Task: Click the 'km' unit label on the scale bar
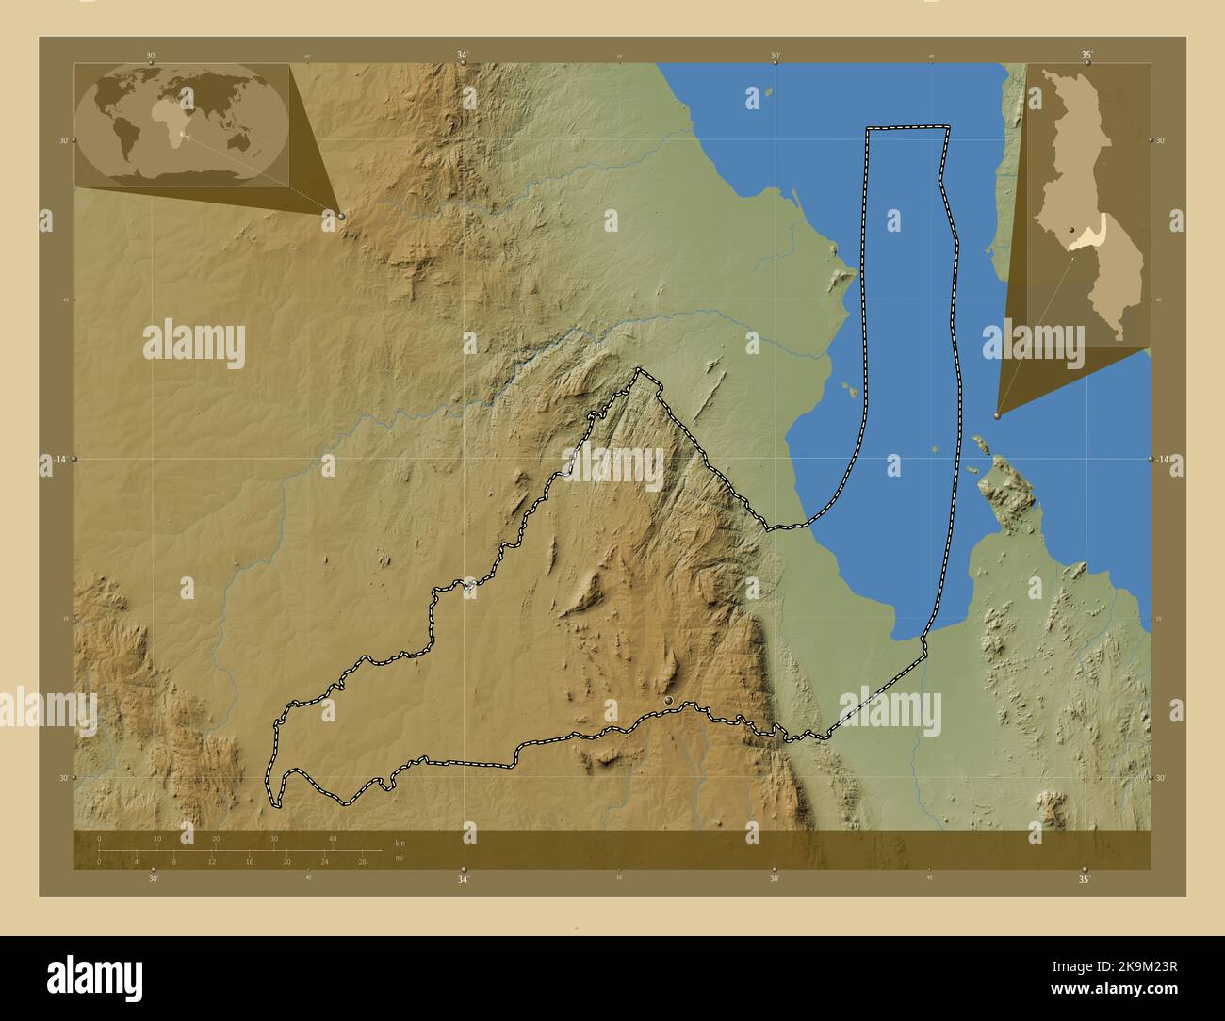pyautogui.click(x=400, y=842)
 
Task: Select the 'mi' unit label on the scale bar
pyautogui.click(x=400, y=859)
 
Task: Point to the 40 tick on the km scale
pyautogui.click(x=333, y=838)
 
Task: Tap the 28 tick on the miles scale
pyautogui.click(x=362, y=861)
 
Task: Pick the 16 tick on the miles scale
pyautogui.click(x=249, y=861)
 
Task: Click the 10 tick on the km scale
pyautogui.click(x=157, y=838)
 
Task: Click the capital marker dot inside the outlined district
pyautogui.click(x=669, y=701)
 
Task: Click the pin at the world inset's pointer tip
pyautogui.click(x=341, y=216)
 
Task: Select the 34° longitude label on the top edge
pyautogui.click(x=463, y=55)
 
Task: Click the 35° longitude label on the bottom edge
pyautogui.click(x=1085, y=880)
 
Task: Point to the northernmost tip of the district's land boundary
pyautogui.click(x=641, y=370)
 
